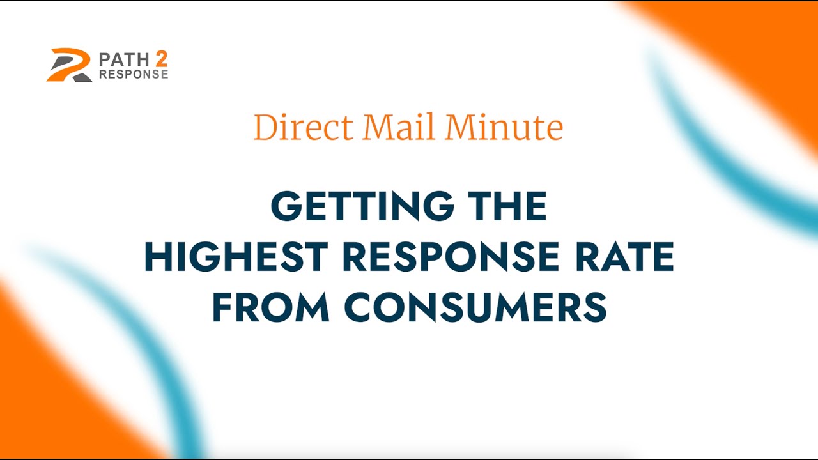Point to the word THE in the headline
[506, 206]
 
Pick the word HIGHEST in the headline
[236, 257]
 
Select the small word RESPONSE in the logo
[133, 75]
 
